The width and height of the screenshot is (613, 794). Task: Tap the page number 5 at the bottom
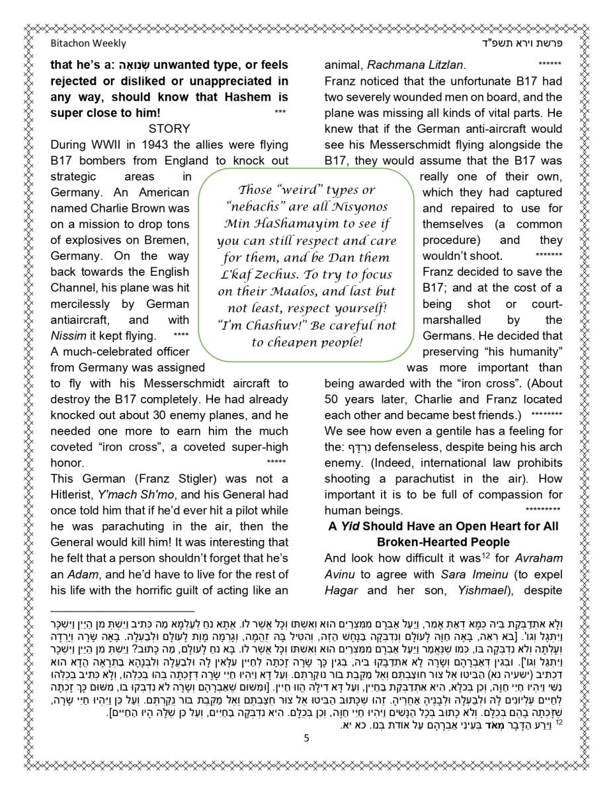[x=306, y=738]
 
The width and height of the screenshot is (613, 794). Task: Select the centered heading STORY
[x=169, y=128]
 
